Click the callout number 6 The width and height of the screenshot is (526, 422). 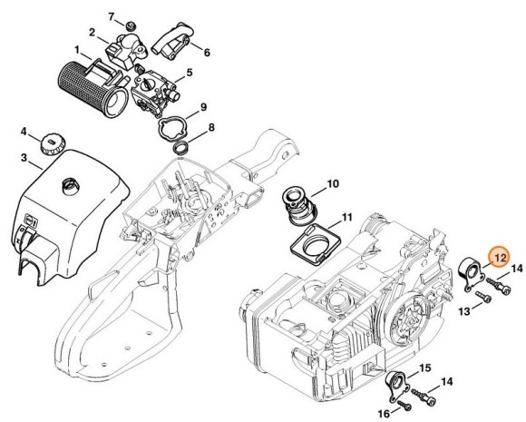pyautogui.click(x=207, y=53)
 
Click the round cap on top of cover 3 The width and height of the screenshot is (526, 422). pyautogui.click(x=68, y=186)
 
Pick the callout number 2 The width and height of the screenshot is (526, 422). pyautogui.click(x=92, y=33)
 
